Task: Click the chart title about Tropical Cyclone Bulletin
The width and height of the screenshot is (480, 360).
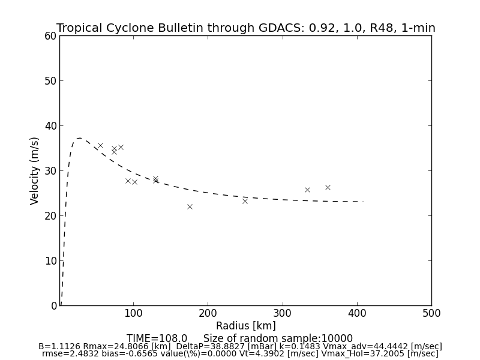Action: (x=246, y=28)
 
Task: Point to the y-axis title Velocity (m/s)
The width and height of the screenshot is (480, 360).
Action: (x=35, y=170)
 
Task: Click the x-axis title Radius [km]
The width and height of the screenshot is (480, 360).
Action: (x=246, y=326)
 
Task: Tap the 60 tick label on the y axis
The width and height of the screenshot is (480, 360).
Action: (x=50, y=36)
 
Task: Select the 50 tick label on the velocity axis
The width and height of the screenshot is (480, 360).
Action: (x=50, y=81)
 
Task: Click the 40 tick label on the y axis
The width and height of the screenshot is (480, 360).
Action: (x=50, y=126)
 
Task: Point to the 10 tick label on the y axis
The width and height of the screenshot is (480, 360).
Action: (x=50, y=261)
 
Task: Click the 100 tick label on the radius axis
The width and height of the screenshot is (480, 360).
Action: (x=133, y=313)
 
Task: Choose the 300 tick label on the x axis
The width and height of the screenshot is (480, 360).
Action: (x=282, y=313)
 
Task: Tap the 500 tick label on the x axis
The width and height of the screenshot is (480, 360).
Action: (x=431, y=313)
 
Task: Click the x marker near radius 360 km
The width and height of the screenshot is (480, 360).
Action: (x=328, y=187)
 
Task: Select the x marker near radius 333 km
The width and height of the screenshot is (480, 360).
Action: (x=307, y=190)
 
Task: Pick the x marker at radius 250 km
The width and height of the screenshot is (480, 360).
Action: (x=245, y=201)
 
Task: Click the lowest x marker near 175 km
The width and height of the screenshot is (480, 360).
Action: (x=190, y=206)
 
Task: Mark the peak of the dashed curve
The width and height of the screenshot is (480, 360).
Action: (x=79, y=139)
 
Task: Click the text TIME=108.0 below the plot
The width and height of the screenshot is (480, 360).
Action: (x=157, y=338)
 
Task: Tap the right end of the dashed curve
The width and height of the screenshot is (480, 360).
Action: (x=363, y=202)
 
